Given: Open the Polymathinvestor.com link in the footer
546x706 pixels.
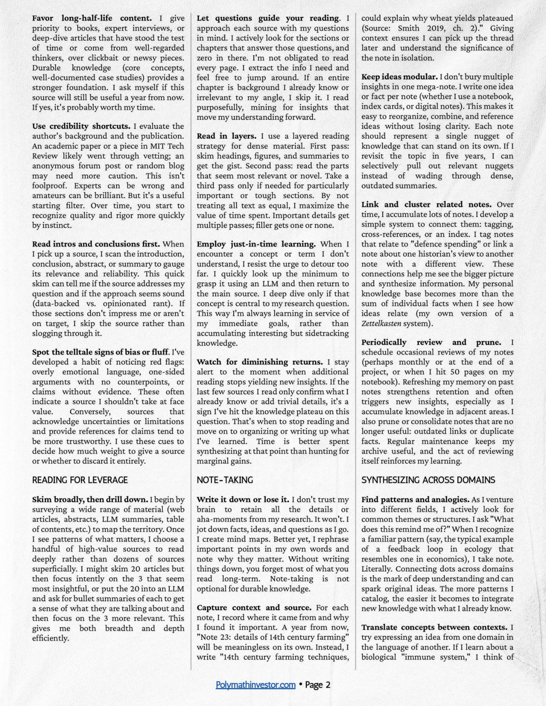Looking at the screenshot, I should click(255, 685).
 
